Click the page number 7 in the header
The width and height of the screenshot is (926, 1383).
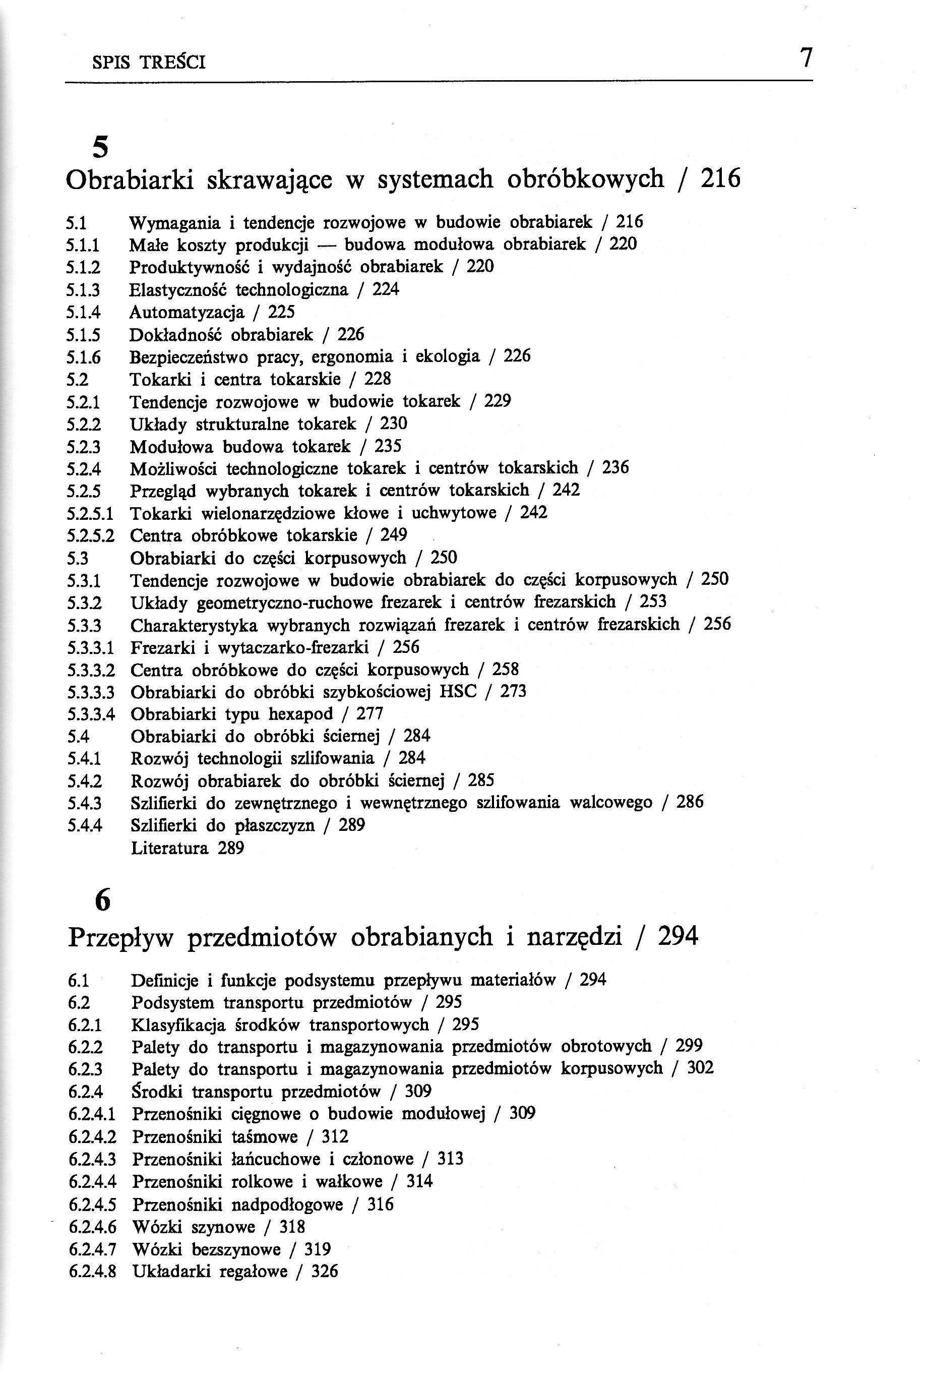point(806,58)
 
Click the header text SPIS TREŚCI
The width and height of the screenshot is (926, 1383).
point(149,63)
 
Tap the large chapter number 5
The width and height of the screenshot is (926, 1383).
point(101,147)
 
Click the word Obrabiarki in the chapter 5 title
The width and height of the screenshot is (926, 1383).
point(130,179)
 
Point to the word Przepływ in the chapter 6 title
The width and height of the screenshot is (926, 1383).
point(121,938)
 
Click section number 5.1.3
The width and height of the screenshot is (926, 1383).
point(83,290)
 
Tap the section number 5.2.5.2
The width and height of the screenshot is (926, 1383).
point(90,535)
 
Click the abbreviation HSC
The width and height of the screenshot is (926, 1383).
point(458,692)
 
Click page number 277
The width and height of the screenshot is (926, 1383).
point(369,714)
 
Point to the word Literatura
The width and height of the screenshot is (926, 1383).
point(169,849)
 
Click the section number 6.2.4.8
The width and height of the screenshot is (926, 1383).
point(92,1272)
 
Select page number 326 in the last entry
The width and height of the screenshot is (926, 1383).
point(324,1272)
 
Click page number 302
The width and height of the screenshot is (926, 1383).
point(700,1068)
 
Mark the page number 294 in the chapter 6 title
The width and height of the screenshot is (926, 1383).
point(678,937)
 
